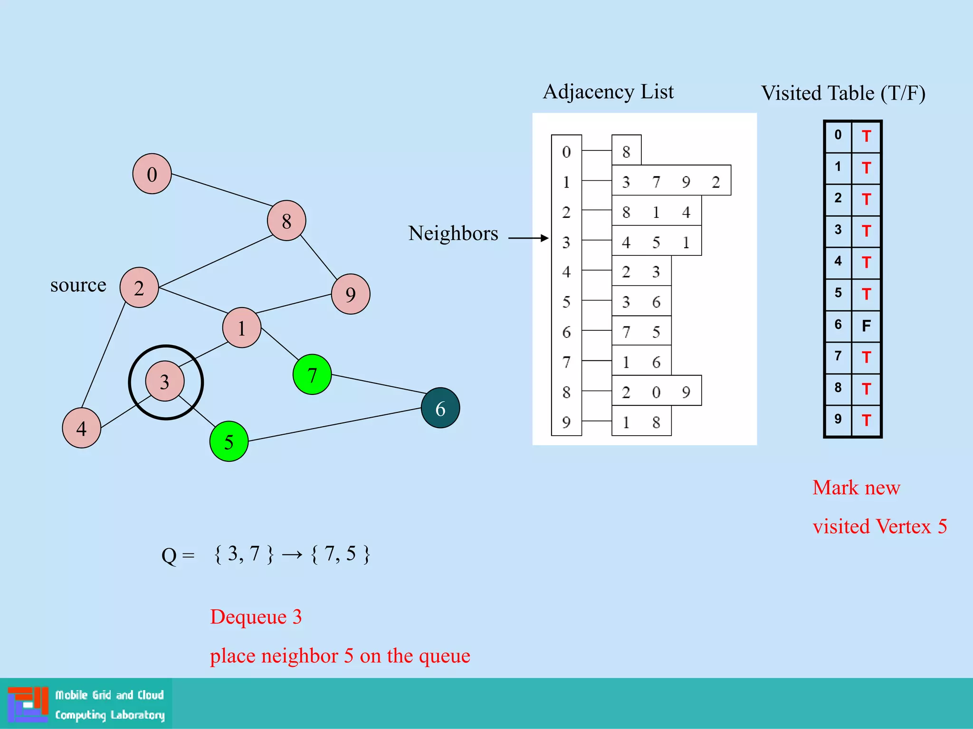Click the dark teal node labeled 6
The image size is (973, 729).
pyautogui.click(x=440, y=408)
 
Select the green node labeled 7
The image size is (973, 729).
pyautogui.click(x=312, y=374)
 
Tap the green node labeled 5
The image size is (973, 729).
pyautogui.click(x=229, y=441)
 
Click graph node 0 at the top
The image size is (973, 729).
pyautogui.click(x=152, y=174)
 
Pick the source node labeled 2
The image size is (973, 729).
pyautogui.click(x=139, y=288)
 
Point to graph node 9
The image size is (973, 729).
pyautogui.click(x=350, y=294)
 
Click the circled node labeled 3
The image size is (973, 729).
pyautogui.click(x=164, y=382)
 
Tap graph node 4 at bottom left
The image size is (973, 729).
pyautogui.click(x=81, y=428)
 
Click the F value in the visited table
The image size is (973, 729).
pyautogui.click(x=866, y=326)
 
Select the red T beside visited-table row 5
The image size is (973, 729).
pyautogui.click(x=866, y=294)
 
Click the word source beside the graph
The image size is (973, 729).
pyautogui.click(x=78, y=285)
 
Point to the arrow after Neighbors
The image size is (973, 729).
pyautogui.click(x=528, y=238)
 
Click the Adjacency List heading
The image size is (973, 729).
pyautogui.click(x=608, y=92)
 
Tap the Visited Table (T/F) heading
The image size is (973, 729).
pyautogui.click(x=843, y=93)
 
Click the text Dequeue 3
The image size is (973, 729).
pyautogui.click(x=256, y=617)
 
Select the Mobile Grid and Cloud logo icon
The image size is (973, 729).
pyautogui.click(x=28, y=704)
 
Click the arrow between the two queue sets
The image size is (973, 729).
pyautogui.click(x=292, y=554)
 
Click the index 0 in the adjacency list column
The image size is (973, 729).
pyautogui.click(x=566, y=152)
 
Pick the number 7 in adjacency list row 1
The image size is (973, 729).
pyautogui.click(x=656, y=182)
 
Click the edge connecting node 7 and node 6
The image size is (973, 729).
pyautogui.click(x=378, y=384)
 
